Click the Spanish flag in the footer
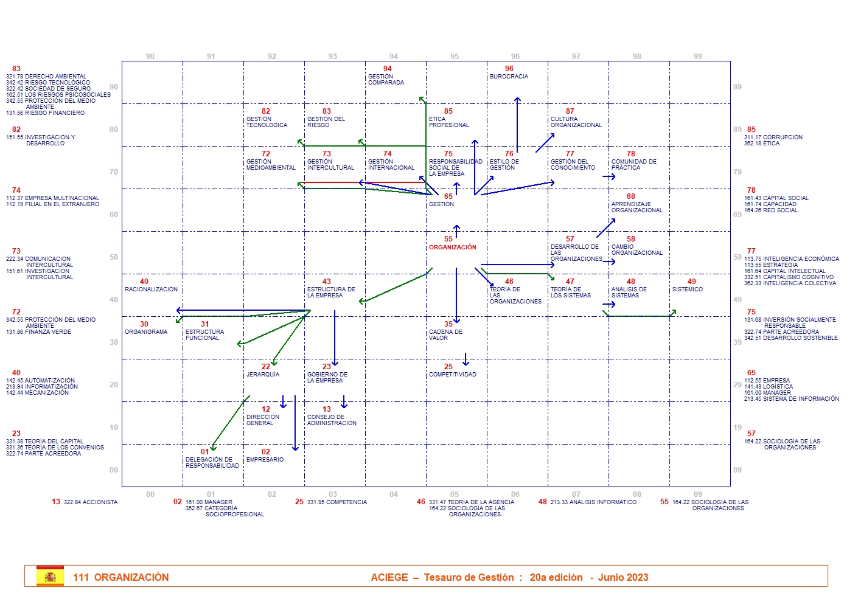click(x=50, y=576)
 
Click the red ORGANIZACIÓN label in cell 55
click(x=452, y=248)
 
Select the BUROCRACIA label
click(x=509, y=77)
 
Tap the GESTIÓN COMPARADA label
click(x=386, y=80)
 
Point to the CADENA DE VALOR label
click(x=445, y=335)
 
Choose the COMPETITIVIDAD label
click(x=452, y=375)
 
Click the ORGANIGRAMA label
click(x=146, y=332)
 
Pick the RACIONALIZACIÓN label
click(x=151, y=289)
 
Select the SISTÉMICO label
click(x=687, y=289)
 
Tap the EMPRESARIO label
click(x=265, y=460)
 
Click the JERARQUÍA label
click(x=263, y=375)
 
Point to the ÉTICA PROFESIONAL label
click(x=448, y=122)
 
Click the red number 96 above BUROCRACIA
click(x=509, y=69)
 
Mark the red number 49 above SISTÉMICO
click(x=692, y=282)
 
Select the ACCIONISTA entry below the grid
click(x=91, y=502)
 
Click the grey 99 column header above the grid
click(x=698, y=57)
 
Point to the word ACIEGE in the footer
click(x=389, y=577)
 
